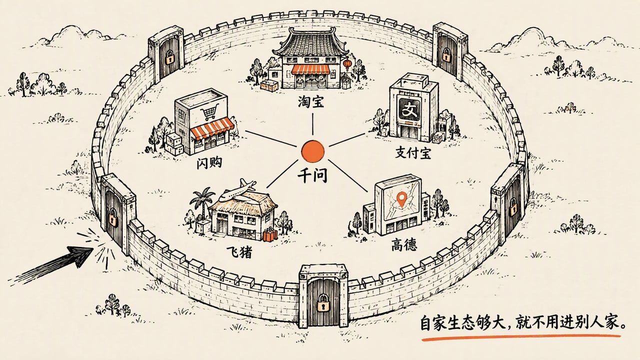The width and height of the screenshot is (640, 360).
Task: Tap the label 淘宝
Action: [x=311, y=101]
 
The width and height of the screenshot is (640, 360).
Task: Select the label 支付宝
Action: [x=413, y=153]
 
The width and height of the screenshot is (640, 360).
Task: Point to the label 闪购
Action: [x=209, y=163]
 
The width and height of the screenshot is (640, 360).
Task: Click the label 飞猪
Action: [x=239, y=251]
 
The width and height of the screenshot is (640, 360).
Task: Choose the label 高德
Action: [x=404, y=245]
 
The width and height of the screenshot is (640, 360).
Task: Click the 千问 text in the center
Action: [x=312, y=175]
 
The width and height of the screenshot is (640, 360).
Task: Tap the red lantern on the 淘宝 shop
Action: [x=347, y=63]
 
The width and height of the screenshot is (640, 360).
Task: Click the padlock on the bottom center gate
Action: [x=323, y=305]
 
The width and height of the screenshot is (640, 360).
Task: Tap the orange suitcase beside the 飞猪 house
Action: [x=270, y=235]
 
